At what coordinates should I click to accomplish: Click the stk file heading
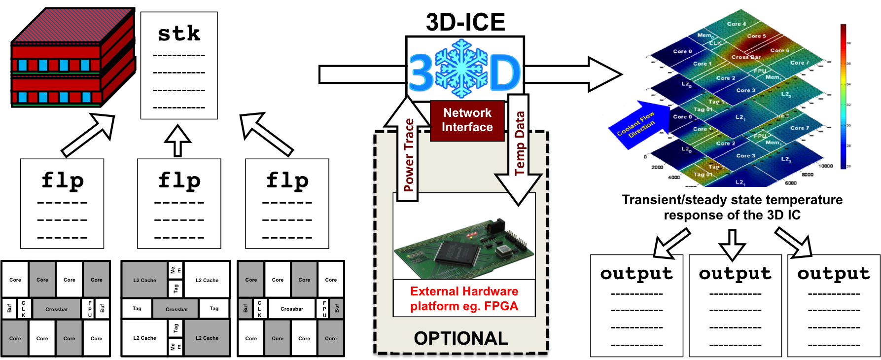click(x=179, y=34)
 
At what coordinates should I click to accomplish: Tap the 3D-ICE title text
click(x=465, y=22)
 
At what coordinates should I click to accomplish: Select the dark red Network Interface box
click(x=467, y=120)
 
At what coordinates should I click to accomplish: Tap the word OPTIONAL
click(x=461, y=338)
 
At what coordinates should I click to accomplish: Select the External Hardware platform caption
click(x=464, y=298)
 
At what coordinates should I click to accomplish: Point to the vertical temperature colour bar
click(x=843, y=96)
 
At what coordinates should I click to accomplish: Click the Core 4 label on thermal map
click(x=737, y=24)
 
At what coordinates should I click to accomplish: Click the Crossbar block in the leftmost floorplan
click(x=57, y=309)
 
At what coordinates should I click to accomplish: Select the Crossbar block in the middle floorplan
click(x=176, y=309)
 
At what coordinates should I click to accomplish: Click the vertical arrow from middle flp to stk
click(x=178, y=141)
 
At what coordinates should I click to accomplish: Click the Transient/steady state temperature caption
click(x=732, y=207)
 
